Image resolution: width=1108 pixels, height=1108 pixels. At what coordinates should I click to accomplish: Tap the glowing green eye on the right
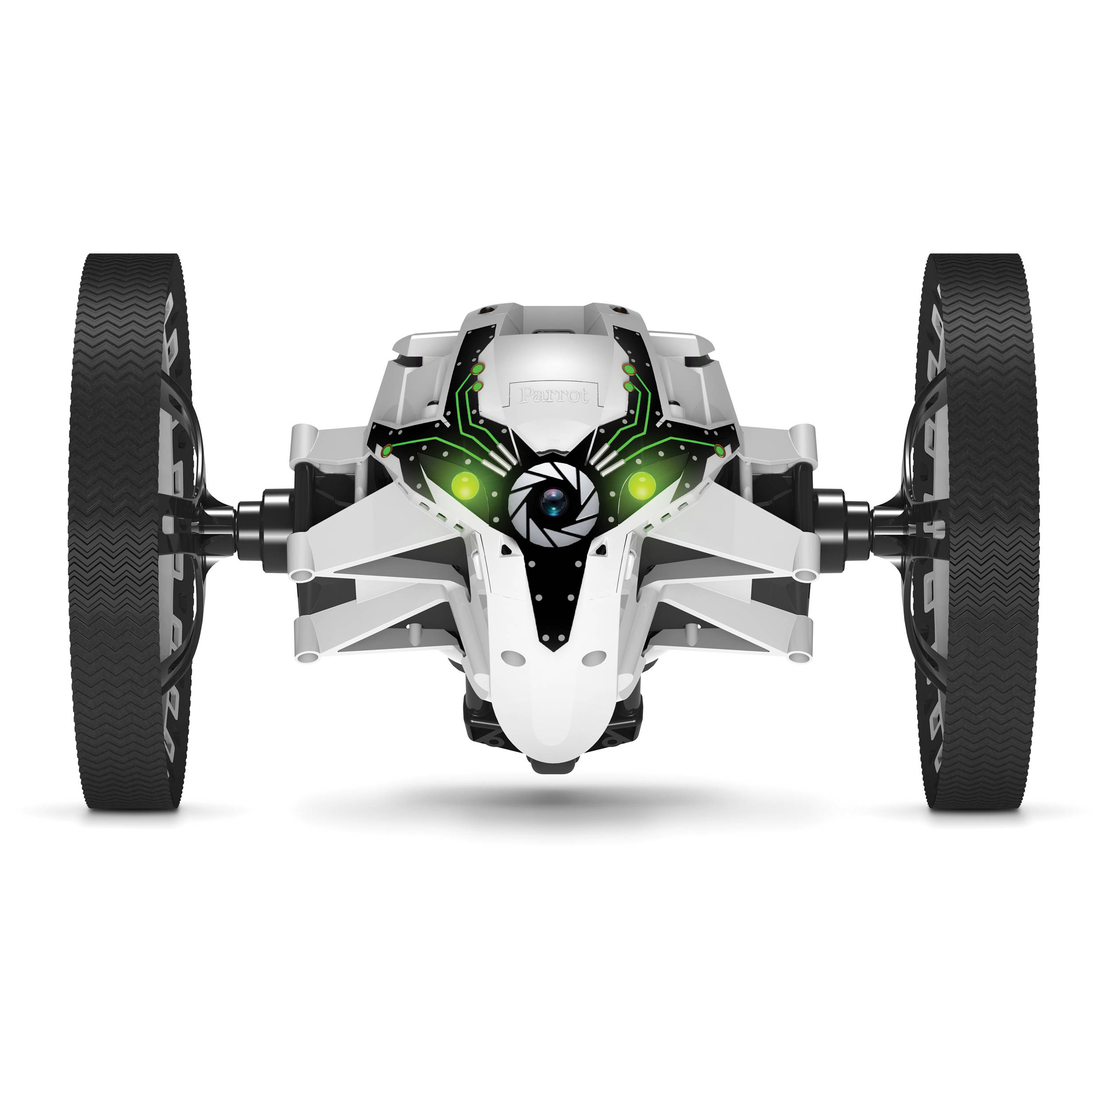641,485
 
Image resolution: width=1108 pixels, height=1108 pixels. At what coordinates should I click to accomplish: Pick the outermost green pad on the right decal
720,450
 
